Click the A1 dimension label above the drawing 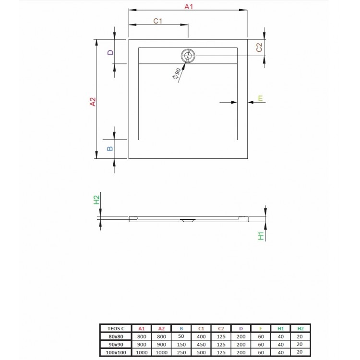tap(189, 7)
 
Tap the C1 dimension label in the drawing tap(158, 21)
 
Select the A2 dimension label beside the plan tap(93, 102)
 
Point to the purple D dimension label tap(110, 52)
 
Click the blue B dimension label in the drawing tap(110, 148)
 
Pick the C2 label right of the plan tap(259, 48)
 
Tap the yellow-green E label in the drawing tap(260, 98)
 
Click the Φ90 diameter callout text tap(176, 74)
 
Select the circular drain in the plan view tap(188, 56)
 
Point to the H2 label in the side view tap(96, 200)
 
